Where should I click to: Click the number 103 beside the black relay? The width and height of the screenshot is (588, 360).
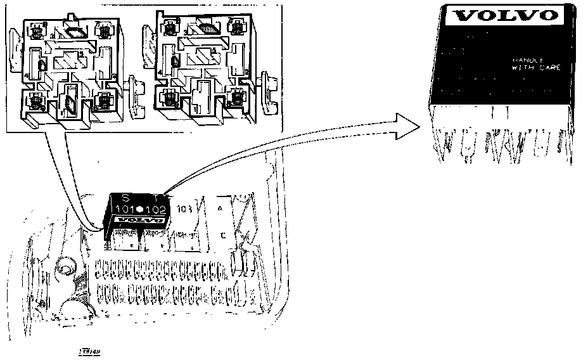(185, 209)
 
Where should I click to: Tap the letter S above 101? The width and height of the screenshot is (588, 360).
(124, 196)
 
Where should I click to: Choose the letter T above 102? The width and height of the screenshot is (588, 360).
(156, 196)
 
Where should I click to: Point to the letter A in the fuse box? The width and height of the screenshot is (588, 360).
(220, 209)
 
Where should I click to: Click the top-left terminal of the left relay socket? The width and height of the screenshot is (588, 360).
(37, 30)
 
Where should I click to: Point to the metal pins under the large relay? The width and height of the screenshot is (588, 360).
(501, 143)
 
